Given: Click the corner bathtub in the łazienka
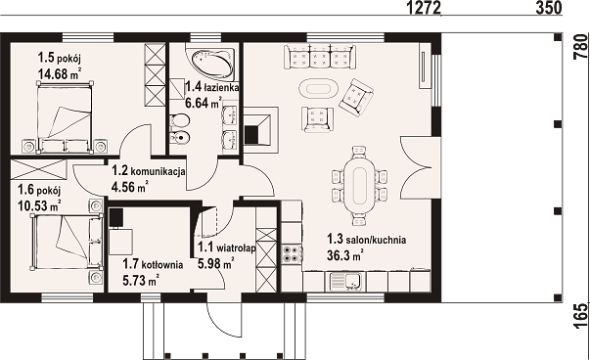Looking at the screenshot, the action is click(x=212, y=62).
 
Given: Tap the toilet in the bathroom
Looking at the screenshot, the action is click(x=179, y=121).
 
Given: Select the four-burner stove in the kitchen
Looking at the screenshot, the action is click(x=292, y=253).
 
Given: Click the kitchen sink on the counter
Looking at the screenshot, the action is click(x=345, y=281).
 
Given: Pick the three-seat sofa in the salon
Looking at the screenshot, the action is click(x=319, y=57).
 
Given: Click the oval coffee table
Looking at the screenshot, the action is click(x=318, y=89).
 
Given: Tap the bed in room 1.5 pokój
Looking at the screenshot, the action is click(x=65, y=117).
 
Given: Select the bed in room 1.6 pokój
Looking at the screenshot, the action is click(x=67, y=242).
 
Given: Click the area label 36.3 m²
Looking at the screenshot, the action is click(x=345, y=255).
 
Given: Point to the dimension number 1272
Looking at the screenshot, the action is click(x=424, y=8).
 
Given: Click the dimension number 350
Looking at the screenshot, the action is click(x=548, y=8).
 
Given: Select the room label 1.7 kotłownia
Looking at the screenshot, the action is click(x=153, y=264).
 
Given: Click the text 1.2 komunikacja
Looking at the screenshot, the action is click(x=149, y=171).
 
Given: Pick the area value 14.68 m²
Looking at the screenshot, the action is click(x=60, y=73).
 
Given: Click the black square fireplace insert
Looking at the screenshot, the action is click(x=252, y=134).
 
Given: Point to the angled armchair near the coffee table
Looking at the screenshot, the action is click(x=356, y=95).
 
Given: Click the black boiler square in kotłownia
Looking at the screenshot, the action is click(x=116, y=217).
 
